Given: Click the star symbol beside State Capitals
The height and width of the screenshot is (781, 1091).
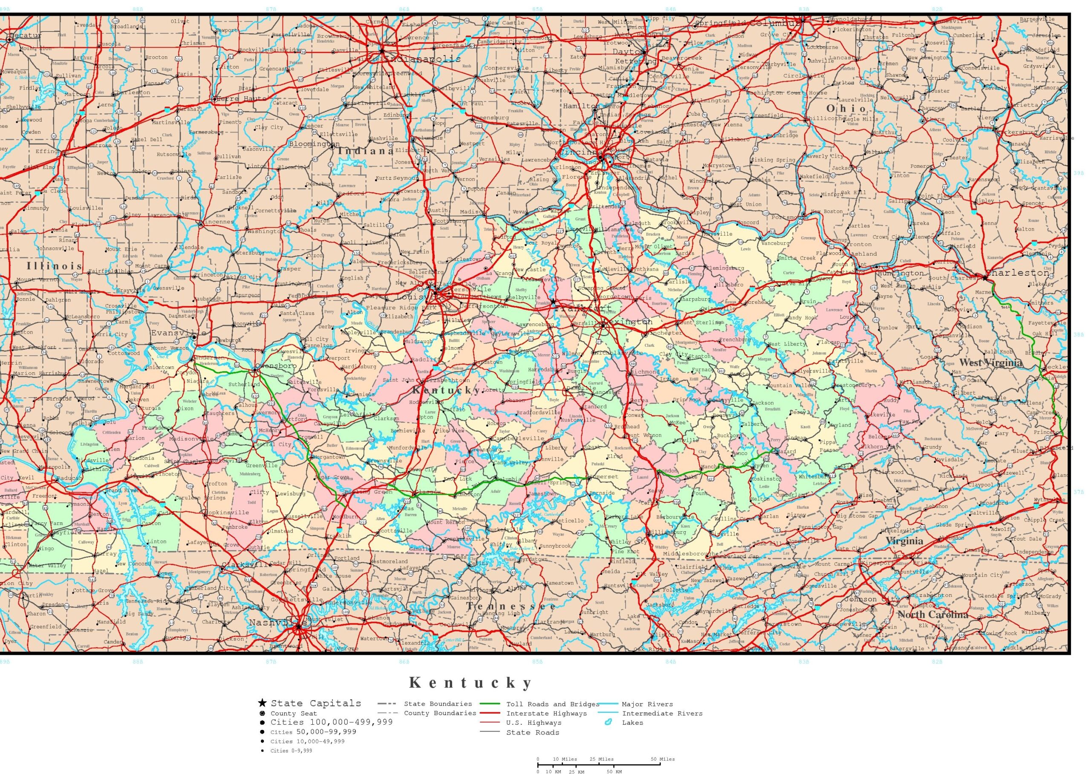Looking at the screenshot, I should point(262,703).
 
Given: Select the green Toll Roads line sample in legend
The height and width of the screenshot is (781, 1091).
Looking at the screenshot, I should point(490,704).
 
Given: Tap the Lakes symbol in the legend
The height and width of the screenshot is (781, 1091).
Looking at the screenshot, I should point(609,722).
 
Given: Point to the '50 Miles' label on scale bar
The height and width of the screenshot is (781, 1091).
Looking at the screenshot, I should point(662,759).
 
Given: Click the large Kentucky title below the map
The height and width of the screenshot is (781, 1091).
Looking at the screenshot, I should point(471,683).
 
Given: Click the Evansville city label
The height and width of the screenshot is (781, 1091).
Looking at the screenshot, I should point(178,333).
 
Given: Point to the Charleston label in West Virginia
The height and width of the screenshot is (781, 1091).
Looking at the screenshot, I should point(1016,273).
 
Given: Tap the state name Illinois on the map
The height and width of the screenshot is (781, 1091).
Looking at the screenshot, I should point(54,266).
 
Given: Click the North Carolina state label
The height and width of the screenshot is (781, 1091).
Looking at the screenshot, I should point(932,614).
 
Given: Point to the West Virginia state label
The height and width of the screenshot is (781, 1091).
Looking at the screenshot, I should point(990,363).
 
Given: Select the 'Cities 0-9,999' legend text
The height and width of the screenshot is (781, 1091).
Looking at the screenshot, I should point(291,751).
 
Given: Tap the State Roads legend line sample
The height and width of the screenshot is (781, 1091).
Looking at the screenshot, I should point(490,732).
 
